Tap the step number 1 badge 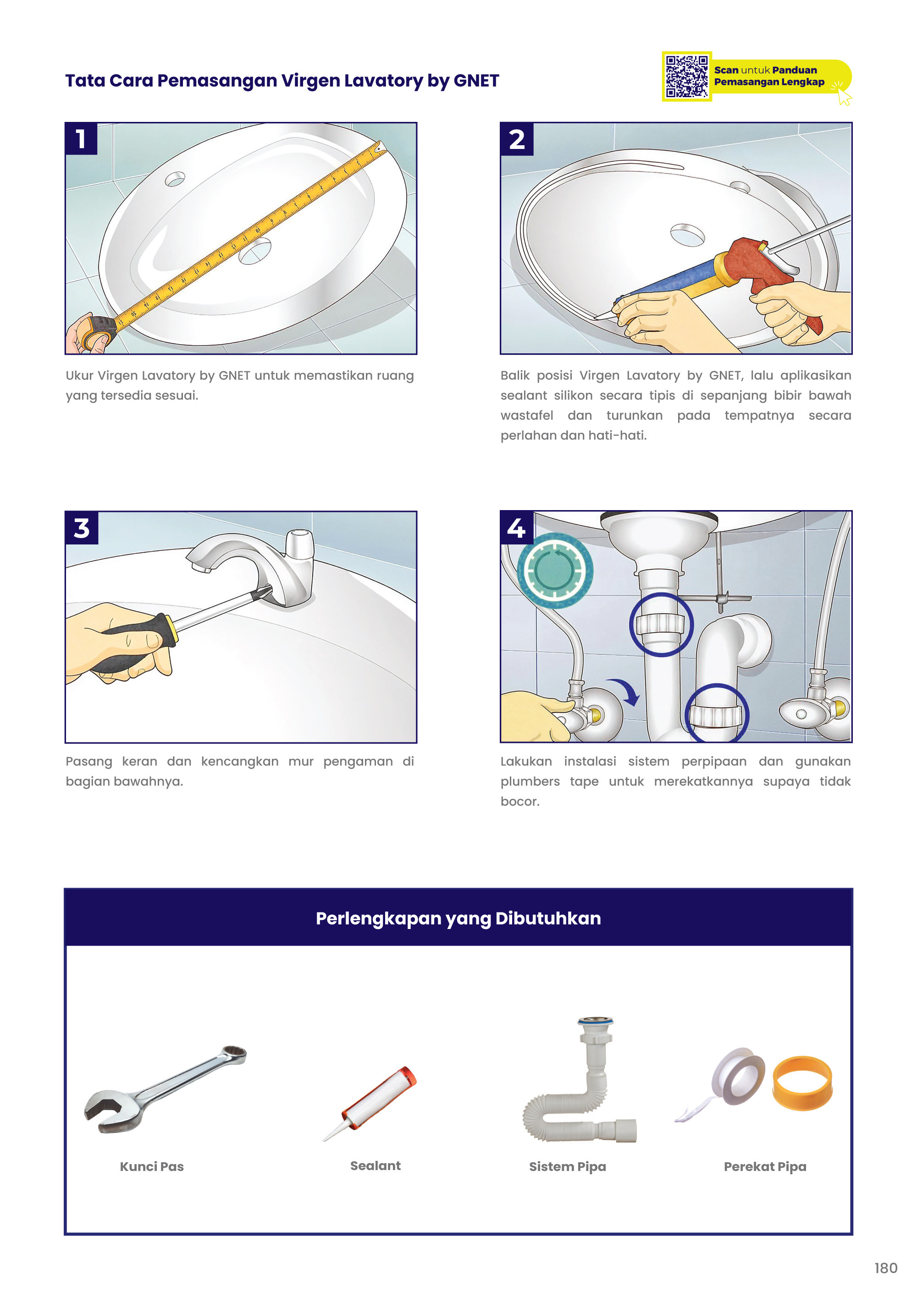(x=81, y=138)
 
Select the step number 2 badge (x=516, y=139)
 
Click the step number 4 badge (x=516, y=528)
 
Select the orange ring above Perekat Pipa (x=802, y=1083)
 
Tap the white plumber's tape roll (x=738, y=1076)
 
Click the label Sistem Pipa (x=567, y=1166)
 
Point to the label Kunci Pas (x=151, y=1166)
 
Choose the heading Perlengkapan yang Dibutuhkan (x=458, y=918)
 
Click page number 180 (x=885, y=1268)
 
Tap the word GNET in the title (x=476, y=81)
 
